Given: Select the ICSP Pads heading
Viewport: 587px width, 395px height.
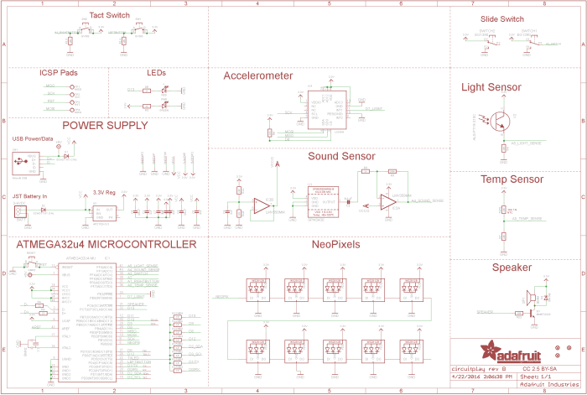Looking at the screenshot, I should coord(59,73).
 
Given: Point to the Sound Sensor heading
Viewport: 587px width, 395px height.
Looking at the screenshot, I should coord(341,157).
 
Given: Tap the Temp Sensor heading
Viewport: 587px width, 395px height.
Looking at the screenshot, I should coord(512,179).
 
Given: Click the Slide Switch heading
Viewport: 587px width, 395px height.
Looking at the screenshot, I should coord(503,18).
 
